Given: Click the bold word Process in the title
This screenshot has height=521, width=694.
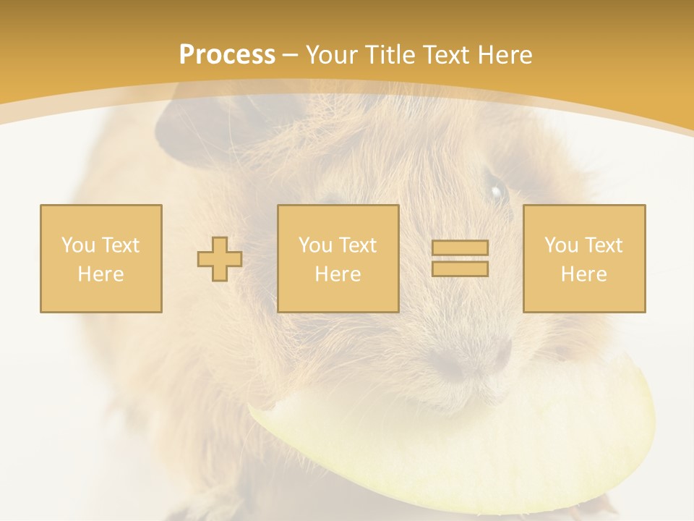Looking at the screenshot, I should tap(227, 55).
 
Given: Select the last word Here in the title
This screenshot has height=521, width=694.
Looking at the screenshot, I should tap(505, 55).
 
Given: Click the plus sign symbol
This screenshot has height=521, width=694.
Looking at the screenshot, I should tap(220, 259).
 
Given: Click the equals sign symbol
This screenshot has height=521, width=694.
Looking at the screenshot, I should tap(460, 258).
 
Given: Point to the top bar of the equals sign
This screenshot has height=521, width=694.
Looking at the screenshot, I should tap(460, 248).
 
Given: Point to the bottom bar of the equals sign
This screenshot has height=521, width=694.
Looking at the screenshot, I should tap(460, 268).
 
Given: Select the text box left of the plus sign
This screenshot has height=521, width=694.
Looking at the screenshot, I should tap(101, 258).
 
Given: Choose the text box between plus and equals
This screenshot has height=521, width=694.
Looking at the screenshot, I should tap(338, 258).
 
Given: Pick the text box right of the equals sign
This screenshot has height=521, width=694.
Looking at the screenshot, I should tap(584, 258).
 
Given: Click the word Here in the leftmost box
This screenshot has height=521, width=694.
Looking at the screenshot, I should tap(101, 274).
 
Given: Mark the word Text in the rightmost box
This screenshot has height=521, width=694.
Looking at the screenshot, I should tap(603, 245).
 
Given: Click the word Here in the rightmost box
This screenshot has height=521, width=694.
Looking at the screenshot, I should tap(584, 274).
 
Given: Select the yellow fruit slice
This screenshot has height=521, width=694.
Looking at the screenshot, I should tap(463, 441).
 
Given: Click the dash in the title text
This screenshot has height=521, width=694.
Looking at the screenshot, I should tap(290, 55).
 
